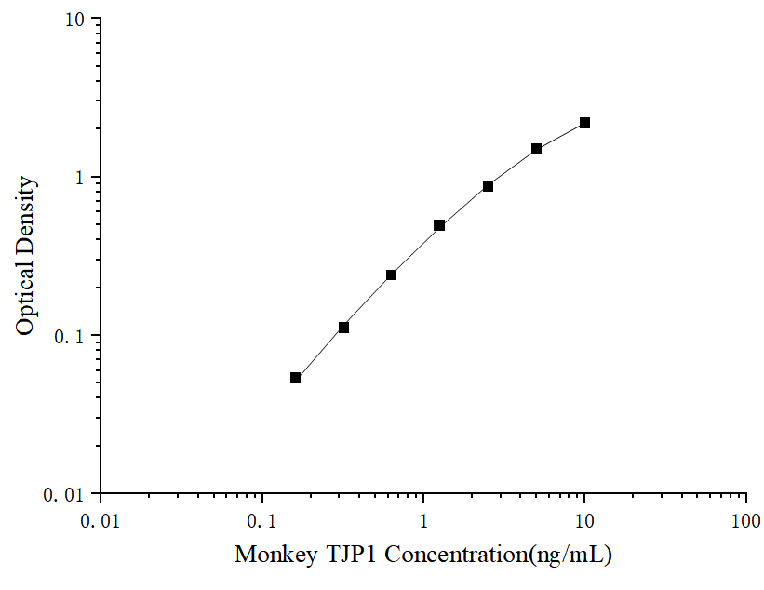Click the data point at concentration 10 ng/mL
tap(584, 123)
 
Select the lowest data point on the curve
tap(296, 378)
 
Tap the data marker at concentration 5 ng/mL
tap(536, 149)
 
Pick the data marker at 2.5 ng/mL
tap(488, 186)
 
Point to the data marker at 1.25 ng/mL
tap(439, 225)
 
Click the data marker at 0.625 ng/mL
tap(391, 275)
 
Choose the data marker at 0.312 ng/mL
tap(343, 328)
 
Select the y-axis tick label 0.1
tap(73, 336)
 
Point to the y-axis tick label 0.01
tap(68, 494)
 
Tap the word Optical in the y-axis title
tap(26, 296)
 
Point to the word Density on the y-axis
tap(26, 213)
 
